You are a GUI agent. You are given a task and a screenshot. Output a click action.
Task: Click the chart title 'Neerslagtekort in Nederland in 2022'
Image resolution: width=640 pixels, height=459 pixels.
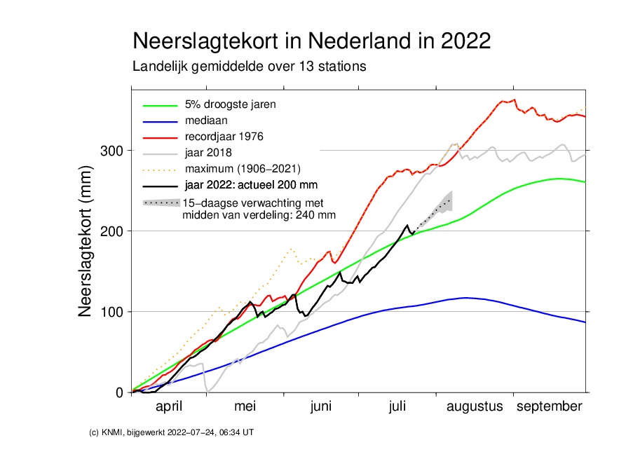pyautogui.click(x=311, y=40)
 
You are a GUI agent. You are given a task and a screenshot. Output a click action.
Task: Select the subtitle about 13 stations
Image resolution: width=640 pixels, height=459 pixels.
pyautogui.click(x=249, y=67)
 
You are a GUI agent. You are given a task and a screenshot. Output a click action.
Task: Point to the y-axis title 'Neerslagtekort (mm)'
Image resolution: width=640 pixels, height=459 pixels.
pyautogui.click(x=86, y=241)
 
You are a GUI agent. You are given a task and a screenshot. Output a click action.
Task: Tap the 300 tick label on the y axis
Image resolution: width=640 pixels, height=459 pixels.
pyautogui.click(x=112, y=151)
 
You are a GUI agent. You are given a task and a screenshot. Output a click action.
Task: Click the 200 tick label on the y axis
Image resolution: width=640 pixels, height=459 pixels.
pyautogui.click(x=112, y=231)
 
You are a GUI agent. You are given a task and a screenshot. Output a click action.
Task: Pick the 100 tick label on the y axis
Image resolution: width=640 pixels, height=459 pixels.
pyautogui.click(x=112, y=312)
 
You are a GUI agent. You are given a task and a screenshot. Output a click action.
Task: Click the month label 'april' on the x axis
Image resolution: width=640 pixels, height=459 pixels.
pyautogui.click(x=169, y=407)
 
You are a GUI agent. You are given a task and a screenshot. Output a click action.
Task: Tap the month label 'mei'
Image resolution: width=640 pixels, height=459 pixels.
pyautogui.click(x=245, y=407)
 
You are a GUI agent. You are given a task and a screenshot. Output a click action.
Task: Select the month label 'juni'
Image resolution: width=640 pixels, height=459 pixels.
pyautogui.click(x=321, y=407)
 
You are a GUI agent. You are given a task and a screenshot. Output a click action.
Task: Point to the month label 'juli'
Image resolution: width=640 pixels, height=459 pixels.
pyautogui.click(x=397, y=407)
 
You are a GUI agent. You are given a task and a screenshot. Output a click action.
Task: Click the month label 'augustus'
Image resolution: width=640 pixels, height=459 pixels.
pyautogui.click(x=475, y=407)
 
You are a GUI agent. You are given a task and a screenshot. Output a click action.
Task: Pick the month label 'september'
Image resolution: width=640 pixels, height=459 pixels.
pyautogui.click(x=549, y=407)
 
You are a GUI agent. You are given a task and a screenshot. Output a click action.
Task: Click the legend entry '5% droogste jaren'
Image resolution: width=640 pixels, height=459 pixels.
pyautogui.click(x=230, y=105)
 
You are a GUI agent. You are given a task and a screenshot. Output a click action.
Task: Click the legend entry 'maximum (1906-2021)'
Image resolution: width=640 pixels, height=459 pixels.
pyautogui.click(x=243, y=169)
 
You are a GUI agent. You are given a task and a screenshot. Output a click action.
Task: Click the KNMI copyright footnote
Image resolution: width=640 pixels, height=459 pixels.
pyautogui.click(x=172, y=433)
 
